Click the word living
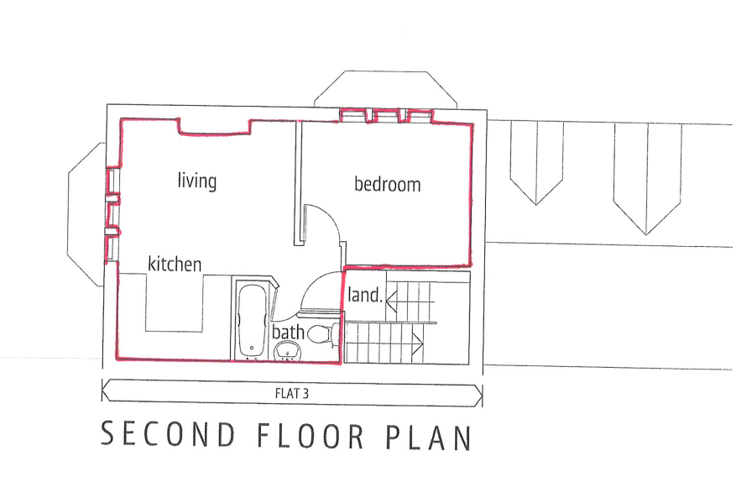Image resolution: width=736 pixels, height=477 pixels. [x=197, y=181]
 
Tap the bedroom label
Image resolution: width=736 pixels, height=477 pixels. [x=387, y=184]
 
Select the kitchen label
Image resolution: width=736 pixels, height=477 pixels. [x=175, y=264]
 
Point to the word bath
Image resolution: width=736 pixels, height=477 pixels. [x=288, y=332]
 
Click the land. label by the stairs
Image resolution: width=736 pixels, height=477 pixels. [x=365, y=295]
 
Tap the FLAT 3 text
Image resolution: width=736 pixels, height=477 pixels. [x=291, y=393]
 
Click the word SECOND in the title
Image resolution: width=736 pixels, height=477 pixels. [x=168, y=434]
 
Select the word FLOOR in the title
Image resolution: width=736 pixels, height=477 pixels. [x=311, y=436]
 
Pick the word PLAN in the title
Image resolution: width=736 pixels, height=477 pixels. [x=429, y=438]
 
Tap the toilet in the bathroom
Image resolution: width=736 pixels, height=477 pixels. [x=326, y=334]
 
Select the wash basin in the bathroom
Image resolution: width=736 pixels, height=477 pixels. [x=287, y=351]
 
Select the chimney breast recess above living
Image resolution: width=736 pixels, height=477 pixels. [x=214, y=127]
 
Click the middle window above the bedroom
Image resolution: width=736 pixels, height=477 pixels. [x=386, y=116]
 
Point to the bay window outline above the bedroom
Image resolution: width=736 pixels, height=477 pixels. [x=385, y=71]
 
